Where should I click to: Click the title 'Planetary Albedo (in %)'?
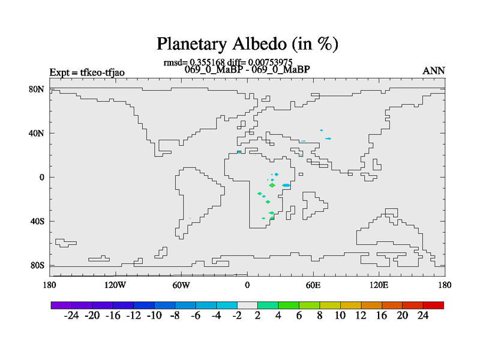(x=247, y=44)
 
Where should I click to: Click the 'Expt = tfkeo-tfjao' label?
(x=87, y=73)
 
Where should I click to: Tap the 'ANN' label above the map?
(x=433, y=71)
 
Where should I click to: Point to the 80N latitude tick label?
(x=37, y=89)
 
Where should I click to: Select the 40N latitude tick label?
(x=37, y=133)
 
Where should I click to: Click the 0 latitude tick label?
(x=41, y=177)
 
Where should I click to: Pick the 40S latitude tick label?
(x=37, y=221)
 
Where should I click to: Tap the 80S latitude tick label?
(x=37, y=265)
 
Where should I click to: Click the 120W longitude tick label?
(x=115, y=285)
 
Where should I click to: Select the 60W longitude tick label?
(x=181, y=285)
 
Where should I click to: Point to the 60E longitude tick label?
(x=313, y=285)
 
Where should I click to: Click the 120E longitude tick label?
(x=379, y=285)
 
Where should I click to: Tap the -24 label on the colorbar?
(x=71, y=316)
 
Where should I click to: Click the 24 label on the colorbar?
(x=423, y=316)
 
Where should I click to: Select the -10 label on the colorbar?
(x=154, y=316)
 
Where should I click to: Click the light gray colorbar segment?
(x=247, y=305)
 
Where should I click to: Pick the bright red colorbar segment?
(x=433, y=305)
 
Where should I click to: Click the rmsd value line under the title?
(x=228, y=62)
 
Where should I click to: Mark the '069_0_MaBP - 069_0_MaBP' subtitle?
(x=247, y=70)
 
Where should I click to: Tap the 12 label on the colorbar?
(x=361, y=316)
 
